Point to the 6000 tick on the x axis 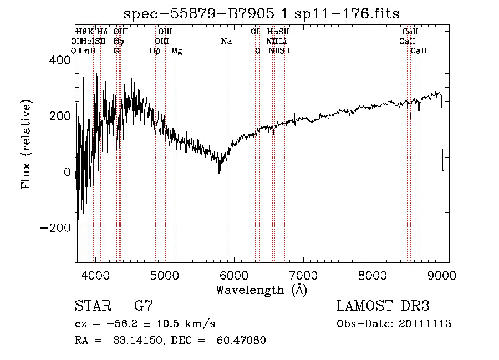pos(234,274)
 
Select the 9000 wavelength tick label pos(442,274)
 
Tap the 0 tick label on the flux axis pos(67,171)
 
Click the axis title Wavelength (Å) pos(261,289)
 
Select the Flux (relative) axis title pos(26,144)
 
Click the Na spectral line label pos(226,42)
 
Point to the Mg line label pos(177,51)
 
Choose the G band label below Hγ pos(116,50)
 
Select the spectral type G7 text pos(144,307)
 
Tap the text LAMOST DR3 pos(383,307)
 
